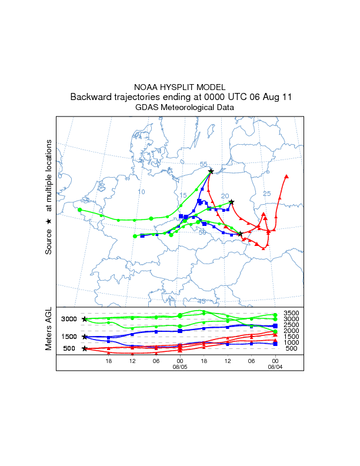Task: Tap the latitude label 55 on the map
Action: [204, 164]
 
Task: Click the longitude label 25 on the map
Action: [266, 194]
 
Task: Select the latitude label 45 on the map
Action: [202, 301]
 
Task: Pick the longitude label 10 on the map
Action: [141, 192]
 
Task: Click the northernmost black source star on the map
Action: [211, 171]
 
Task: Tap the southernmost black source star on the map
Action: [240, 234]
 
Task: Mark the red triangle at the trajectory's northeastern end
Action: [286, 176]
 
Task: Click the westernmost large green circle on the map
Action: [79, 209]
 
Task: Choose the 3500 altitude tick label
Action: [291, 313]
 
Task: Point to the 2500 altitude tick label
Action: [291, 325]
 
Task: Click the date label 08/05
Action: [179, 366]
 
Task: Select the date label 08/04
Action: [275, 366]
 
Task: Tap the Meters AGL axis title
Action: [49, 329]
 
